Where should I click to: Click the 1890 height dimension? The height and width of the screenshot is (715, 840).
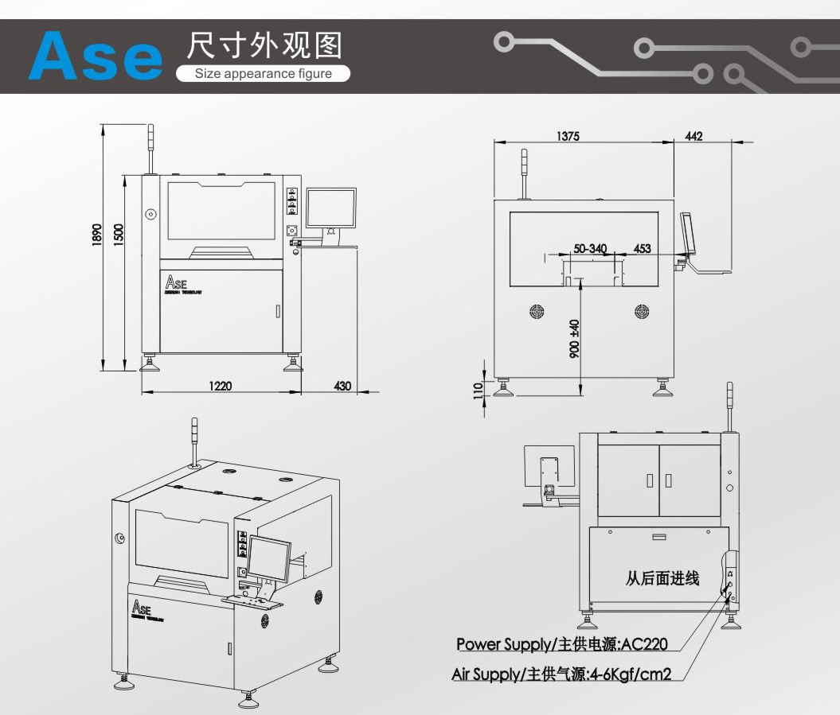[96, 234]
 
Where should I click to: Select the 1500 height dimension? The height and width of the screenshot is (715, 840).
[118, 234]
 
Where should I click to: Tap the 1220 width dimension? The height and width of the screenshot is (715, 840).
[221, 386]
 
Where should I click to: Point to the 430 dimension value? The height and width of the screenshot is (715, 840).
[342, 386]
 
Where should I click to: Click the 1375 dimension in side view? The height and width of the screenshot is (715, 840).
[568, 136]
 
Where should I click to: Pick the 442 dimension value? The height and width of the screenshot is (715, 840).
[693, 136]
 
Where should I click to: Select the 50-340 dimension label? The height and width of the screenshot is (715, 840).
[590, 249]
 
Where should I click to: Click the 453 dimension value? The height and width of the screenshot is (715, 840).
[642, 249]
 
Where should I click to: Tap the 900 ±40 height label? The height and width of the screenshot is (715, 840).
[574, 339]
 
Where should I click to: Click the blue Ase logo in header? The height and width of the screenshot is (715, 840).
[94, 56]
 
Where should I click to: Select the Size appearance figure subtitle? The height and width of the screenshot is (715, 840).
[264, 74]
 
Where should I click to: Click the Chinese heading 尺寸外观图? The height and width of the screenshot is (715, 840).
[264, 46]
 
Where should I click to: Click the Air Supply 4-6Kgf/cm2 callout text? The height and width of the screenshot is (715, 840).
[561, 674]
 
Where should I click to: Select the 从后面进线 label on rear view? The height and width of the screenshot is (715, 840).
[662, 578]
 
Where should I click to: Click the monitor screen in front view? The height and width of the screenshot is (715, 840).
[331, 208]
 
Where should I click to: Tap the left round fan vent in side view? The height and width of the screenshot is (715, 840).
[537, 311]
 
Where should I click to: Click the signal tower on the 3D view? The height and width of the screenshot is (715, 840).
[193, 437]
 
